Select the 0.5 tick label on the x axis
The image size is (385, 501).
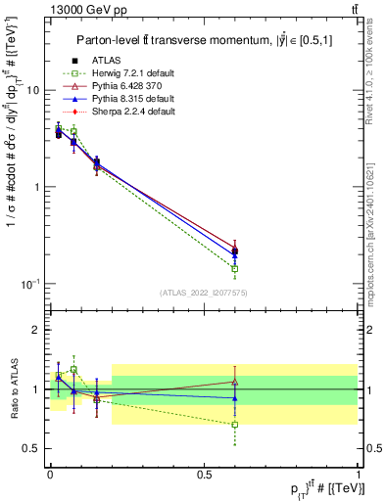click(x=204, y=475)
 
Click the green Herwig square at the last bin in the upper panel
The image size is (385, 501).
click(x=235, y=268)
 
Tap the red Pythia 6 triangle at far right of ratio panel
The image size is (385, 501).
click(x=235, y=382)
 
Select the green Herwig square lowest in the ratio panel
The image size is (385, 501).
click(x=235, y=425)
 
